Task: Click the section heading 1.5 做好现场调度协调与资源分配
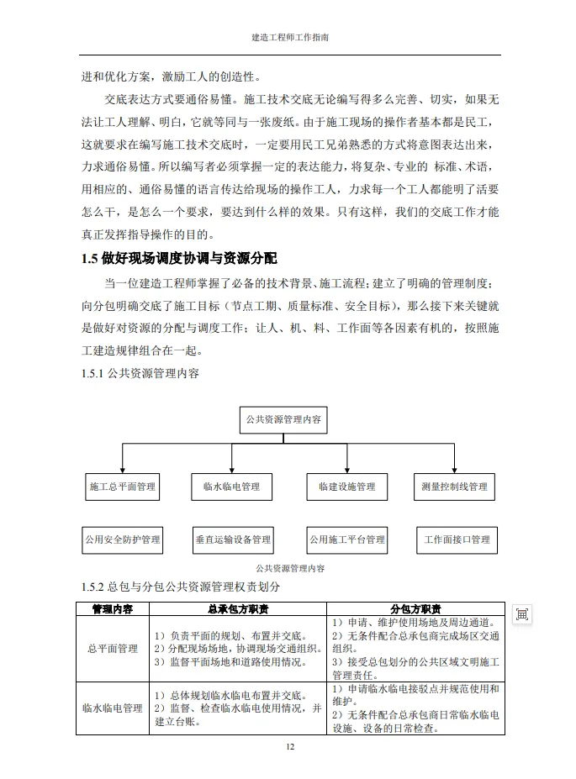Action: tap(179, 257)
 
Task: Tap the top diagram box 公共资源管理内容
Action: tap(284, 418)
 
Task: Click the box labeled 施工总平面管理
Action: tap(123, 487)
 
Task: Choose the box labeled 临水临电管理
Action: tap(232, 487)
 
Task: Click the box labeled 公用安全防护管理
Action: tap(123, 540)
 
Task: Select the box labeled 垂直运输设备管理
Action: tap(232, 540)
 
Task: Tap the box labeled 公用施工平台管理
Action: tap(347, 540)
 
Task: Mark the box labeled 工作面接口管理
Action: tap(457, 540)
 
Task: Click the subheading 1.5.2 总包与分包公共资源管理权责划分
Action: tap(180, 587)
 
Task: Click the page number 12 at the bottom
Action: tap(290, 746)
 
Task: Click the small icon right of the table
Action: tap(522, 614)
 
